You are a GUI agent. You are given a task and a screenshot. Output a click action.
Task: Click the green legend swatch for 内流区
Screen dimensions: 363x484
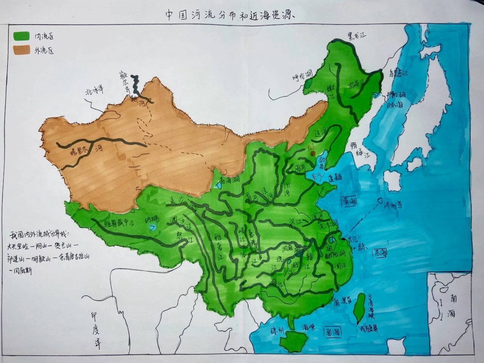point(22,36)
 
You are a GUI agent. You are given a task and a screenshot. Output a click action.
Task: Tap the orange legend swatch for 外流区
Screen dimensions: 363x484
point(22,50)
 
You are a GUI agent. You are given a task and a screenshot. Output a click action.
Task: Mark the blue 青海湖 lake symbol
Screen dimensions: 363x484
point(219,186)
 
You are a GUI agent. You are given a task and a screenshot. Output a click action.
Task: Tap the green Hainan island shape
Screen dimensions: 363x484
point(293,341)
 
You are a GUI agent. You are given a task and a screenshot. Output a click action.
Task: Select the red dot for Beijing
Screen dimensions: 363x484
point(313,154)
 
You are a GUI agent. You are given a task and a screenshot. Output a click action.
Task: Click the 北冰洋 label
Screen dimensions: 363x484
point(94,90)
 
